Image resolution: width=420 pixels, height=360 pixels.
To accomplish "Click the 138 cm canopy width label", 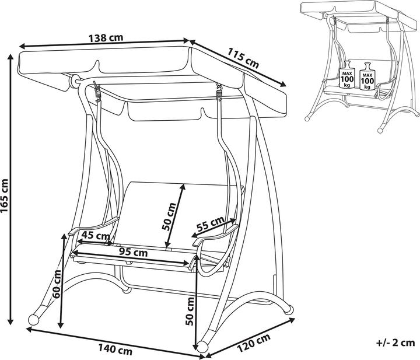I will coord(106,39).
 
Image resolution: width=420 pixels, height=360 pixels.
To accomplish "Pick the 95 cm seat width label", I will coord(132,253).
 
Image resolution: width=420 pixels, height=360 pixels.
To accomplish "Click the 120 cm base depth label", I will coord(254,345).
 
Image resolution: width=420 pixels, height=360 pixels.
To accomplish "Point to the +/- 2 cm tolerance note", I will coord(394,342).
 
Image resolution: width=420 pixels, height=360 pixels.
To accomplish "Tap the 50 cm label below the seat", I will coord(190,311).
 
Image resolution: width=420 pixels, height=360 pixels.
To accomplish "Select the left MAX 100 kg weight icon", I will coord(348,75).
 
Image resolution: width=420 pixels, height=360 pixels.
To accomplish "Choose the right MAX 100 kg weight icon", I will coord(367,76).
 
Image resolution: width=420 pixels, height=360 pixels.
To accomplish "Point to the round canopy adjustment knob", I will coord(75,81).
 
